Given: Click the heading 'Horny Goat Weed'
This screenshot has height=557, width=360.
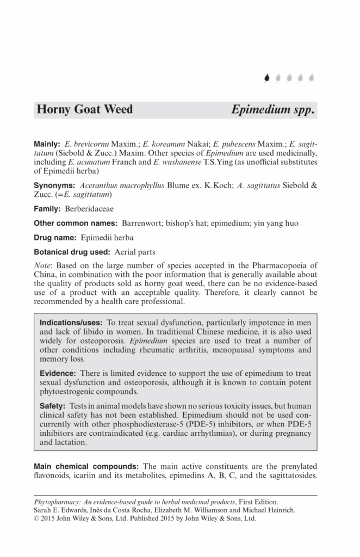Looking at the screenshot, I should [84, 109].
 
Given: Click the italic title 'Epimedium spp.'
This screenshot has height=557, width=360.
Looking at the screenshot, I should [273, 109].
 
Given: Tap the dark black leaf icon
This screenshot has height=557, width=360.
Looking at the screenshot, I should [266, 78].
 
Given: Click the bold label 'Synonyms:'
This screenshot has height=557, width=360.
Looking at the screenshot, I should [54, 185].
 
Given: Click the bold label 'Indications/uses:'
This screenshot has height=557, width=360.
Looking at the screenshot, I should [71, 323].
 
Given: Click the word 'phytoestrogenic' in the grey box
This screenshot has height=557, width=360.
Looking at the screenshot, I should [68, 392].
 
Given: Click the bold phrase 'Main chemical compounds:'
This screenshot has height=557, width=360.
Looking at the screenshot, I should [86, 467].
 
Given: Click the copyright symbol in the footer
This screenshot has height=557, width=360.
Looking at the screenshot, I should [36, 518].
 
